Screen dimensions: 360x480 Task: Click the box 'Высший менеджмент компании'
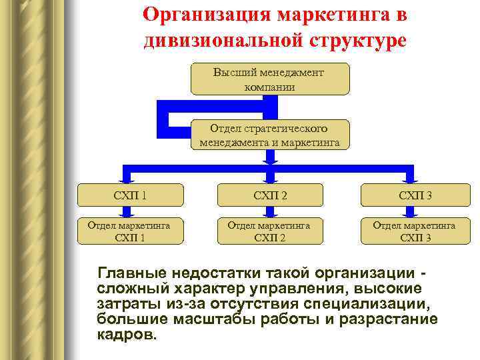(x=270, y=79)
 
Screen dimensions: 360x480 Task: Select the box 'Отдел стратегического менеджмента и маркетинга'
(x=270, y=134)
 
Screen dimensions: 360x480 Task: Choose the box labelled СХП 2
(x=269, y=195)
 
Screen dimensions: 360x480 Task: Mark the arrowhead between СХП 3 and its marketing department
(x=409, y=213)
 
